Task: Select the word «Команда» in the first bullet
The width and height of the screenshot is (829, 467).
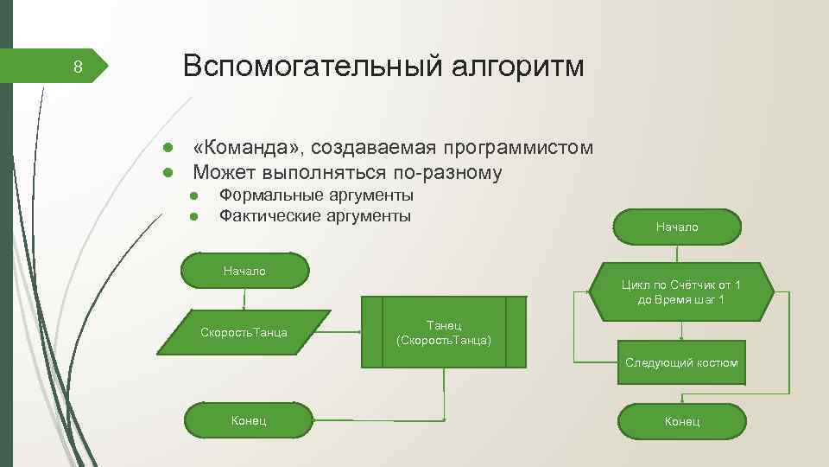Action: click(244, 147)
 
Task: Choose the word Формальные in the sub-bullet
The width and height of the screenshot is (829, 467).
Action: click(269, 195)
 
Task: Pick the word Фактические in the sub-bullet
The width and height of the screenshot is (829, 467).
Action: click(271, 215)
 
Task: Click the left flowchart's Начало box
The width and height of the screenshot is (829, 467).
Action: click(244, 271)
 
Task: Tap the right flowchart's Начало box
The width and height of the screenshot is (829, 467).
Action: click(678, 227)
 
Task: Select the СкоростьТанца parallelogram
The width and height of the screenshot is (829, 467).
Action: click(244, 332)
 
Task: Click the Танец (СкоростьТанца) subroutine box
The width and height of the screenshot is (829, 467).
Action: click(444, 332)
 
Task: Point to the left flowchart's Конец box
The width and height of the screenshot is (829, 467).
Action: click(248, 420)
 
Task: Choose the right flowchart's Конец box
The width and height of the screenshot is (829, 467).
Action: click(682, 421)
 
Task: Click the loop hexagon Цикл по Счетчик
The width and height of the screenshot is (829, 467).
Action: click(681, 292)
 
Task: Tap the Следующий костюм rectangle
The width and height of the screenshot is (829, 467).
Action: click(681, 362)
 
